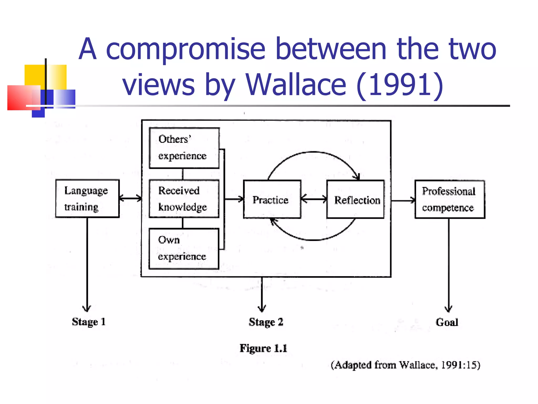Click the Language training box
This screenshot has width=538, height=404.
[x=87, y=199]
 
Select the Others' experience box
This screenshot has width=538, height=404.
[x=184, y=148]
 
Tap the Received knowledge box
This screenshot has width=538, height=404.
[x=184, y=199]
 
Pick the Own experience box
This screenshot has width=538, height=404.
[x=184, y=249]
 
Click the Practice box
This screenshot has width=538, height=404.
[x=272, y=199]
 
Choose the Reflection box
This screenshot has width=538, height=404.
[x=355, y=199]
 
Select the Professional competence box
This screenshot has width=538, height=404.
[x=449, y=199]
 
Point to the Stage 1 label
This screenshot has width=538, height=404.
[x=89, y=322]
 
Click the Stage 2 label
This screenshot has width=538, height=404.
[x=266, y=322]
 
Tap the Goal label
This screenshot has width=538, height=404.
[x=447, y=322]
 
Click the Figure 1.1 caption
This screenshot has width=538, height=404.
[x=263, y=348]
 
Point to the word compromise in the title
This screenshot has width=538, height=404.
[x=185, y=49]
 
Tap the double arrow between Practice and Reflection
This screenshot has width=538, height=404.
[x=314, y=199]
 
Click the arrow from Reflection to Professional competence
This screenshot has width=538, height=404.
[x=403, y=201]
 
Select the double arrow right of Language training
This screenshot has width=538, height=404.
[x=130, y=198]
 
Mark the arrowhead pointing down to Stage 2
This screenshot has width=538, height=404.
[x=262, y=308]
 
